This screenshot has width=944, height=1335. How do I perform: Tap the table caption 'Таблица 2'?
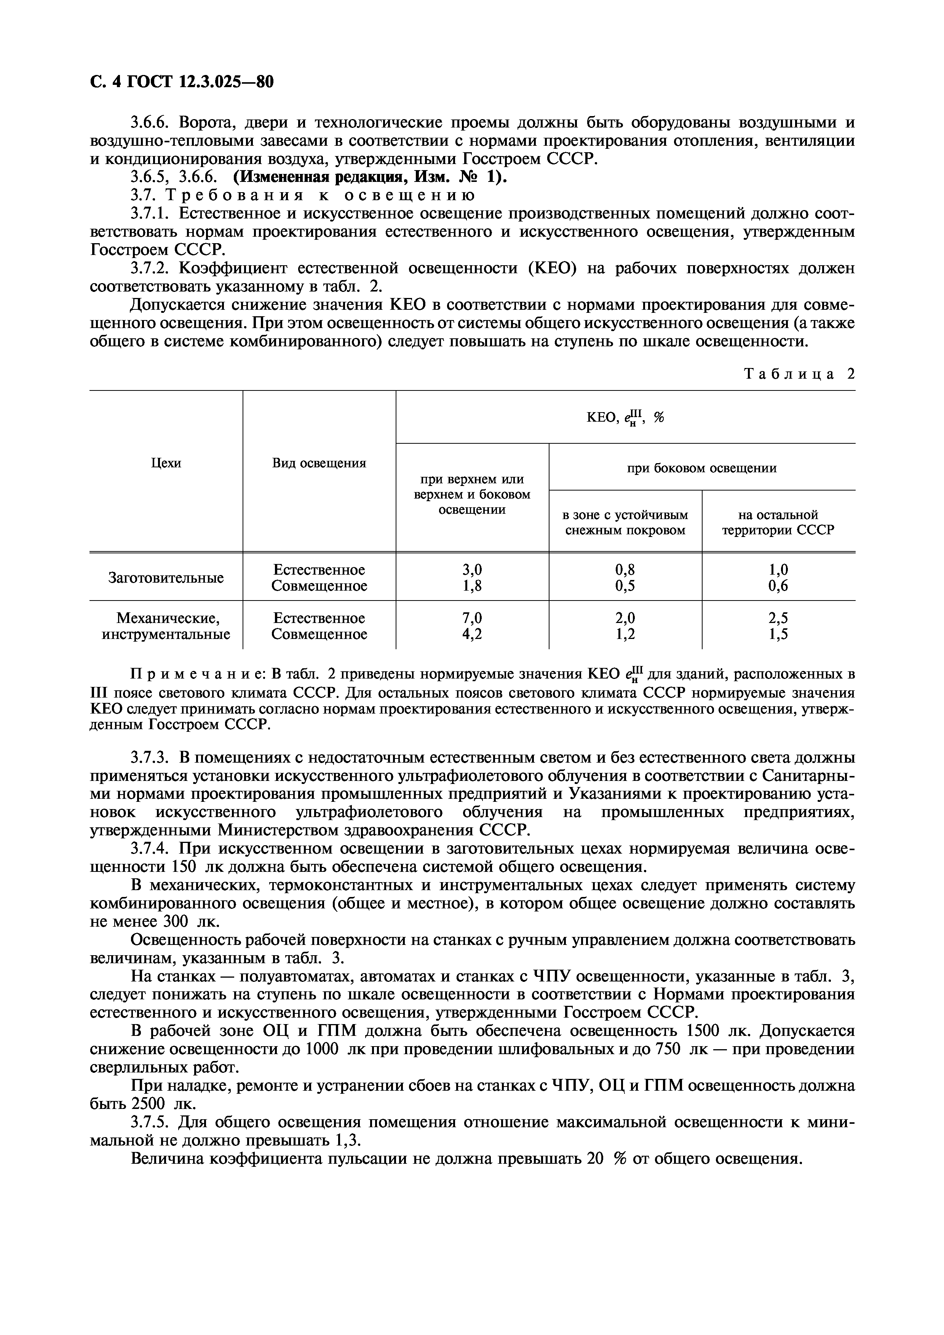pyautogui.click(x=800, y=374)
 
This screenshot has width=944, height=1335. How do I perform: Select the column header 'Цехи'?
pyautogui.click(x=166, y=463)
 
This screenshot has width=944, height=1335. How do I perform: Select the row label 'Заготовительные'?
pyautogui.click(x=166, y=578)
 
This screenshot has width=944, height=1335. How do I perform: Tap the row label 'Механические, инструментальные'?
pyautogui.click(x=166, y=626)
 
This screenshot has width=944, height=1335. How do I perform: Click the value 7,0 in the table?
pyautogui.click(x=472, y=618)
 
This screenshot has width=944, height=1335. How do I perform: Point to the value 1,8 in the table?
pyautogui.click(x=472, y=586)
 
